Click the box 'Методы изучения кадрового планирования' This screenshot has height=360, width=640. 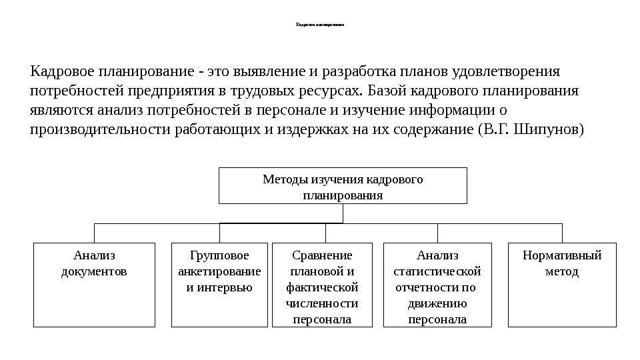point(343,186)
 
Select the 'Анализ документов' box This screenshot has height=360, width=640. point(93,285)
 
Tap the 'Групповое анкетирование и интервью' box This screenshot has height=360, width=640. point(219,285)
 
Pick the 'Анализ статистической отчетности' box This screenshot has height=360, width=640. point(437,286)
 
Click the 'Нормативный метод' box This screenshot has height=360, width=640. point(562,285)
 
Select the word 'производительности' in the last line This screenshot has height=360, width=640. point(100,128)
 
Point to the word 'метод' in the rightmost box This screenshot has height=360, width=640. point(562,272)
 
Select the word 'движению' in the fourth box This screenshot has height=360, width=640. point(437,304)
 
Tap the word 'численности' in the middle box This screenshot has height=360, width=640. point(322,304)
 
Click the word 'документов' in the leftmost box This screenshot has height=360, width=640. point(94,272)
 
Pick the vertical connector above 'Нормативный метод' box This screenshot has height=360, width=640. point(563,233)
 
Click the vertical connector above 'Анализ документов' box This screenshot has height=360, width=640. point(94,233)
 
